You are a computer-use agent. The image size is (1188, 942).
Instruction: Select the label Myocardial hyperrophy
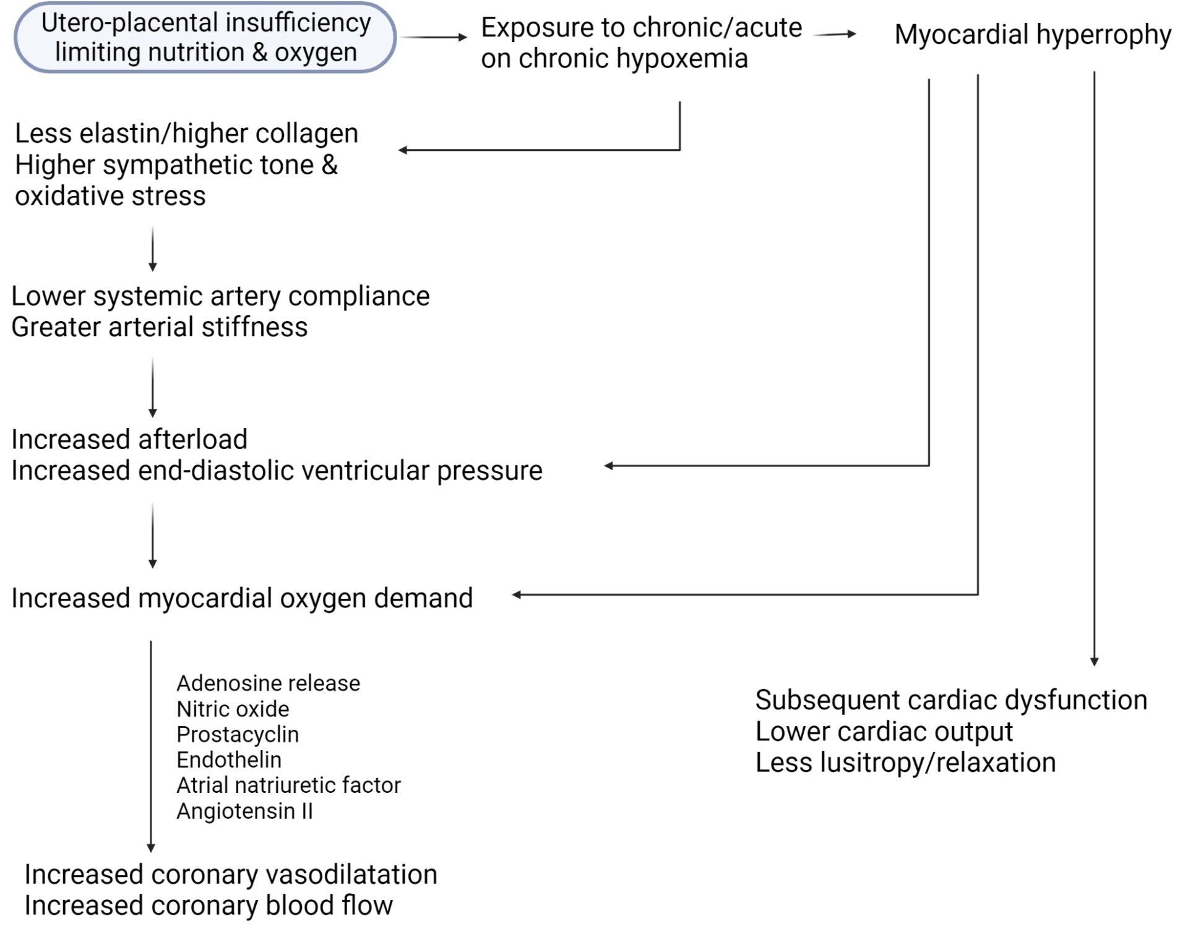click(1033, 35)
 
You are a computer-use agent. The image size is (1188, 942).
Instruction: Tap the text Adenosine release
click(268, 683)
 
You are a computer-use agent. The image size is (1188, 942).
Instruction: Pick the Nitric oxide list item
click(233, 709)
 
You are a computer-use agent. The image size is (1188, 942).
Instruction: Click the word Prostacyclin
click(238, 734)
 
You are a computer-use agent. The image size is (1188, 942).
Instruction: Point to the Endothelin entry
click(229, 760)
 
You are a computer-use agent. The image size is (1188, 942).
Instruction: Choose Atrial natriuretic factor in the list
click(288, 785)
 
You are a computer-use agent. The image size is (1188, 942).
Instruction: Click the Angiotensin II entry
click(245, 811)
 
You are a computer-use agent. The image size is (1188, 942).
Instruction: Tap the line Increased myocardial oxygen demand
click(242, 599)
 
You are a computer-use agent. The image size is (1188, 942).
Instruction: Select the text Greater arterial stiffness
click(160, 327)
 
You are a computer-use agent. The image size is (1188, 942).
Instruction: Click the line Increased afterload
click(129, 440)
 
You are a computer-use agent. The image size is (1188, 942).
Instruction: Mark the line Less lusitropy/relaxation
click(905, 763)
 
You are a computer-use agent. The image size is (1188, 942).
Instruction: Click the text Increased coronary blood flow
click(209, 906)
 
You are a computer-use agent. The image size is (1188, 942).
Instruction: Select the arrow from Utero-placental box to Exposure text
click(434, 37)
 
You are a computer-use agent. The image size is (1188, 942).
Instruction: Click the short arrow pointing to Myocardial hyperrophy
click(835, 35)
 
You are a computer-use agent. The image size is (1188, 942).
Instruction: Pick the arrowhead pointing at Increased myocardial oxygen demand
click(517, 595)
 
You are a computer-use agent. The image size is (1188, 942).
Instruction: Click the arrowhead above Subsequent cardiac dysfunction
click(1095, 661)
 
